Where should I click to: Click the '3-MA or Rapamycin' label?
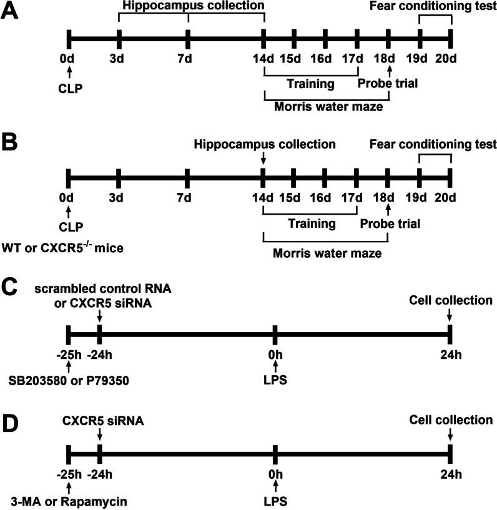(x=53, y=500)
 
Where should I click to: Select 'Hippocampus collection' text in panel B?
(x=265, y=144)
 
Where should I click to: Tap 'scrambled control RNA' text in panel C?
(x=99, y=288)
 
